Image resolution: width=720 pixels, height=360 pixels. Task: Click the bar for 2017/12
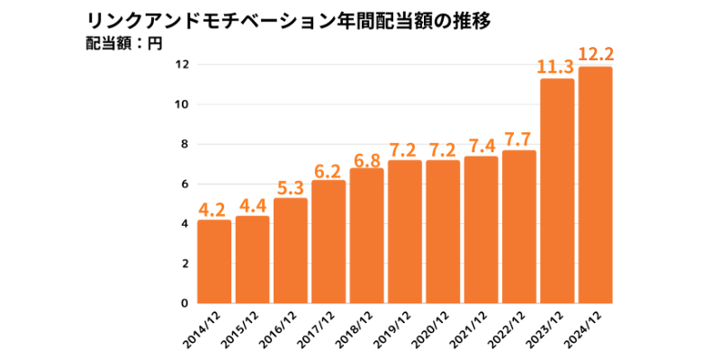(x=328, y=241)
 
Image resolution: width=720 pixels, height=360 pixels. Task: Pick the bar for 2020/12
(x=443, y=231)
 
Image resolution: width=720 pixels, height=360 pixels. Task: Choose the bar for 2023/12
(x=557, y=191)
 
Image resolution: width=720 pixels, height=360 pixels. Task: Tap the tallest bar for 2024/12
(x=596, y=184)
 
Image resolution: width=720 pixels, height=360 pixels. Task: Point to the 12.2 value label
(x=596, y=54)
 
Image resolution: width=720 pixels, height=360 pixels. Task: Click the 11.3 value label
(x=556, y=66)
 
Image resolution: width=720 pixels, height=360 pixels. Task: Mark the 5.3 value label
(x=290, y=187)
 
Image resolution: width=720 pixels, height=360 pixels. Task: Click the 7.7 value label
(x=519, y=139)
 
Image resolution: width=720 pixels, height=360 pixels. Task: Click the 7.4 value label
(x=481, y=145)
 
